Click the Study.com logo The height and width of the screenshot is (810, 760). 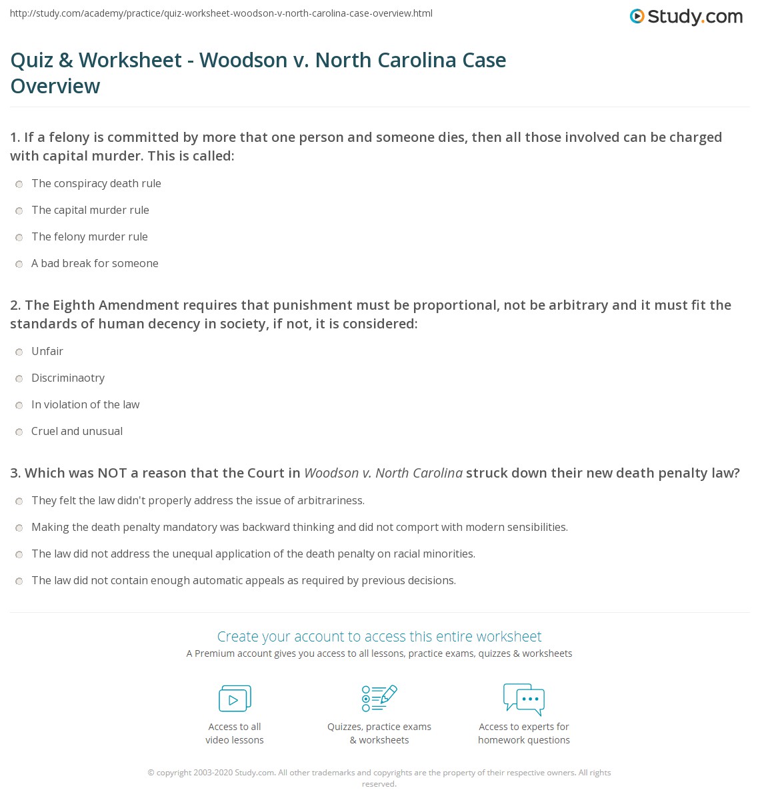pyautogui.click(x=686, y=17)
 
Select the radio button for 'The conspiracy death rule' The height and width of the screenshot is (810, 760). pyautogui.click(x=19, y=185)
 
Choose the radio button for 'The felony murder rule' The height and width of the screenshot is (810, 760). pyautogui.click(x=19, y=238)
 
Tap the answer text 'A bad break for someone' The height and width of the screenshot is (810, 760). pyautogui.click(x=95, y=263)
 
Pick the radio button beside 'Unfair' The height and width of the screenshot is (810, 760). pyautogui.click(x=19, y=352)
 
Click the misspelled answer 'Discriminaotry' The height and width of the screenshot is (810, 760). pyautogui.click(x=68, y=378)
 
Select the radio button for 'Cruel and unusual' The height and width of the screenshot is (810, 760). pyautogui.click(x=19, y=432)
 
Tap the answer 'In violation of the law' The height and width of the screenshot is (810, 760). pyautogui.click(x=85, y=404)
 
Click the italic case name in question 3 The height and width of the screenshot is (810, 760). pyautogui.click(x=383, y=473)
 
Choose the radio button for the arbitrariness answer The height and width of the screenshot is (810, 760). pyautogui.click(x=19, y=502)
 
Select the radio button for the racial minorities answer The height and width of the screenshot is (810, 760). pyautogui.click(x=19, y=555)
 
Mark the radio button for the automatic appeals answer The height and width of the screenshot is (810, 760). pyautogui.click(x=19, y=582)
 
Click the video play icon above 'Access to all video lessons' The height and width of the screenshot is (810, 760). pyautogui.click(x=235, y=698)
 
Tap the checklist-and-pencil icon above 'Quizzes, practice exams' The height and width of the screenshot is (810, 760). pyautogui.click(x=379, y=698)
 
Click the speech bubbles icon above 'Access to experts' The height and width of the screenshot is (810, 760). pyautogui.click(x=524, y=698)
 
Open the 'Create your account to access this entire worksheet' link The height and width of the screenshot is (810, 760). pyautogui.click(x=379, y=636)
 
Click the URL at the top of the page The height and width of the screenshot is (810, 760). pyautogui.click(x=221, y=13)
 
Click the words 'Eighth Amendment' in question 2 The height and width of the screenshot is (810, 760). pyautogui.click(x=107, y=305)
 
